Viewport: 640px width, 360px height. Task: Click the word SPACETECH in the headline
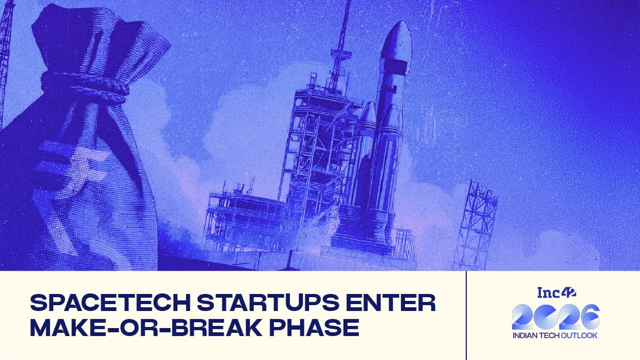(x=110, y=302)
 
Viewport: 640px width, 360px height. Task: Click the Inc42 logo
(x=556, y=292)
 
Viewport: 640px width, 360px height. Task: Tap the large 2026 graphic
(x=555, y=317)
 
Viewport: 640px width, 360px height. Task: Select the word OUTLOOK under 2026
(x=579, y=336)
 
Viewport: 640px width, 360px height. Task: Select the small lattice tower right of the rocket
(x=476, y=226)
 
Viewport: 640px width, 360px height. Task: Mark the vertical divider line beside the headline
(x=466, y=315)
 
